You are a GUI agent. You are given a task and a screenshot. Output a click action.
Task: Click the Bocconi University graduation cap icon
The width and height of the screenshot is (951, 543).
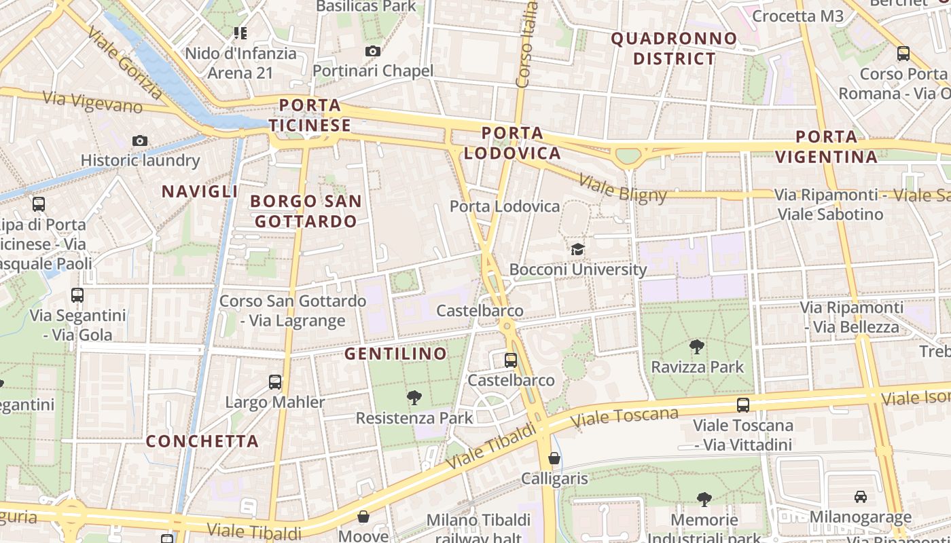coord(577,249)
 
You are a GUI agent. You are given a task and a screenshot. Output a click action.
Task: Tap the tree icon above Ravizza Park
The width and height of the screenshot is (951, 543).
coord(697,347)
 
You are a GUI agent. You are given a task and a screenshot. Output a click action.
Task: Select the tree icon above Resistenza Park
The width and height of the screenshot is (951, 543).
coord(414,398)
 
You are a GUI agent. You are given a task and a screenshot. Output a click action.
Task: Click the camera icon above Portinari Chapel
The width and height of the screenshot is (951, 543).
coord(372,51)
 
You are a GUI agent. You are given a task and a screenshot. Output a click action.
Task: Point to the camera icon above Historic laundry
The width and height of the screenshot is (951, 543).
coord(140,141)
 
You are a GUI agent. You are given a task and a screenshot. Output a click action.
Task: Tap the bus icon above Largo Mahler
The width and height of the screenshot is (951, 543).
coord(275,382)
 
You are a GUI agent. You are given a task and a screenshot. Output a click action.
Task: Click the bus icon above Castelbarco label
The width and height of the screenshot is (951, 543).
coord(511,360)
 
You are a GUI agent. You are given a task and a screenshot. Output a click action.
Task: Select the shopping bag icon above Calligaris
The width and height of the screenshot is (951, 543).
coord(554,458)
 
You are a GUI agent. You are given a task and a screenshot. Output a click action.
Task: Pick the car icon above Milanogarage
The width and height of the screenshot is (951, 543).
coord(860,497)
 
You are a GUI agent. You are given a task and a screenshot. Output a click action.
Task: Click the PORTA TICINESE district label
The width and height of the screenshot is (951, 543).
coord(310,115)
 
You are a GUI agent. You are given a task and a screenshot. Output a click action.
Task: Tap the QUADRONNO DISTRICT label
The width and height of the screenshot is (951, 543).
coord(674,48)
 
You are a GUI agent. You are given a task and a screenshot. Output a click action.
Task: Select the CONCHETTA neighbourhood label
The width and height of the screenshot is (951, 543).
coord(202,441)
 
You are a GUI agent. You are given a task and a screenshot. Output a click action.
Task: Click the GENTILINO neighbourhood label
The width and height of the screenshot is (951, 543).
coord(395,354)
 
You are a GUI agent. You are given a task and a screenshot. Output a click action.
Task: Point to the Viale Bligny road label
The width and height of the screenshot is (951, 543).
coord(622,189)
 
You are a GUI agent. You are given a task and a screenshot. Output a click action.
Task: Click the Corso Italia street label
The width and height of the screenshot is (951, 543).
coord(527,45)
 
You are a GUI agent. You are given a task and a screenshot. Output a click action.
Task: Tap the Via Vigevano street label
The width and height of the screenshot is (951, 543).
coord(92,101)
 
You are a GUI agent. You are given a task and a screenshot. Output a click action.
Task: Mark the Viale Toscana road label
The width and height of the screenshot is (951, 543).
coord(624,417)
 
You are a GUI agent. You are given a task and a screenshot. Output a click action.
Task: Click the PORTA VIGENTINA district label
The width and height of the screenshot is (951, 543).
coord(826,147)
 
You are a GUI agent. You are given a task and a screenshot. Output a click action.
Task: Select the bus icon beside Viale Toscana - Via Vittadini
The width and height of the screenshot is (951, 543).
coord(743,405)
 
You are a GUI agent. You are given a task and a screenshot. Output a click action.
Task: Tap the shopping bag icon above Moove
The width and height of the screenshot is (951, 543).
coord(363,517)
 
